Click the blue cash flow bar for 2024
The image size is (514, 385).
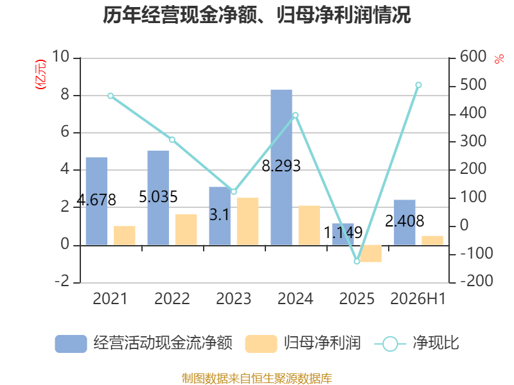coord(281,167)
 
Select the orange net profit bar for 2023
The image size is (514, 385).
coord(247,221)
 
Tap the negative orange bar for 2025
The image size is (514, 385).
coord(371,253)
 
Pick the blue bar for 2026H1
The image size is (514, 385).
coord(405,223)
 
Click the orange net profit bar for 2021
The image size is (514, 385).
coord(124,235)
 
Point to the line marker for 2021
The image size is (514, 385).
coord(111,96)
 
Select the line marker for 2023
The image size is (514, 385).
coord(234,191)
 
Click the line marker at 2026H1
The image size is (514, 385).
coord(419,85)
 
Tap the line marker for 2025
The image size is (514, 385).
coord(357,261)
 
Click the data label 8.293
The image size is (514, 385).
coord(281,166)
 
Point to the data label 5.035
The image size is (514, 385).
coord(158,197)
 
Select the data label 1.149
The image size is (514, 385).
coord(343,233)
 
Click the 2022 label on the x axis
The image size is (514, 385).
coord(172,298)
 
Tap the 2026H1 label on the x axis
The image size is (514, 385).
coord(418,298)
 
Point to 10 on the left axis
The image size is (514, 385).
coord(60,56)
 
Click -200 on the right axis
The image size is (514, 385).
coord(477,281)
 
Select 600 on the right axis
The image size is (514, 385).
coord(473,56)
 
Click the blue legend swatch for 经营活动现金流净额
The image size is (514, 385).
coord(71,344)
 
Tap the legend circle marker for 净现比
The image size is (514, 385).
coord(390,344)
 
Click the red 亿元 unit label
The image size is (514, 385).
coord(40,74)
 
